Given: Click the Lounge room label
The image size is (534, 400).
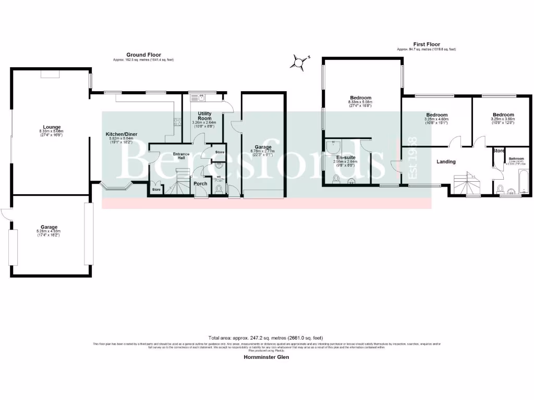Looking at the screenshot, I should coord(52,127).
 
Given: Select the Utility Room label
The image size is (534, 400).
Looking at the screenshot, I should coord(204,116).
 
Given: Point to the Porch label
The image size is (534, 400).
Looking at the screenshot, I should coord(200,183).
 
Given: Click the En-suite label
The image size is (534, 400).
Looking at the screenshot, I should coord(345,157).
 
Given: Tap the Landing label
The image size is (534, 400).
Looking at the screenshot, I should coord(446,161).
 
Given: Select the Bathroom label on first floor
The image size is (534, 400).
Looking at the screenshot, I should coord(516,158).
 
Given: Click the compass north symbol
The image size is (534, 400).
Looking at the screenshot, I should coord(299,62).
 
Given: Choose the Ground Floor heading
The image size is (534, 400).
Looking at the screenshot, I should coord(143,55).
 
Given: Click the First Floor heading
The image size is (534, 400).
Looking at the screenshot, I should coord(426,45).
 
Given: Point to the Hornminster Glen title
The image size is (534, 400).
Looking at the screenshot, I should coord(267,357).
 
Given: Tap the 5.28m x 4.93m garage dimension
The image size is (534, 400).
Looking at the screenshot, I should coord(48,231).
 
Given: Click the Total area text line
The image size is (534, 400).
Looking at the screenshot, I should coord(266,337).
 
